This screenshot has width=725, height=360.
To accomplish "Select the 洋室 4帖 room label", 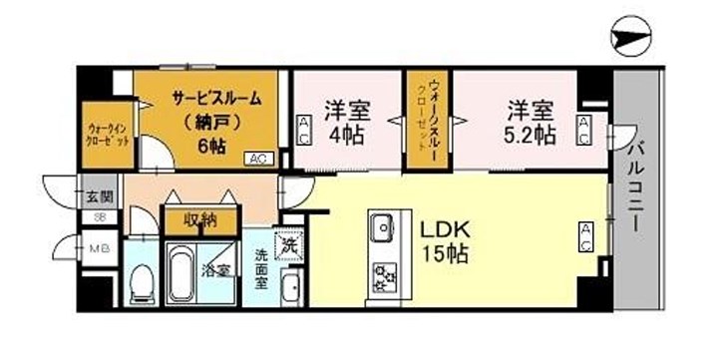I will (347, 120).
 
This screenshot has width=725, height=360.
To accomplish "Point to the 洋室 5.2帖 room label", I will (530, 120).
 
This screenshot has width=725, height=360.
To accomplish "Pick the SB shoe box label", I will (100, 217).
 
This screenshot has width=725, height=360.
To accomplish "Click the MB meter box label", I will (100, 249).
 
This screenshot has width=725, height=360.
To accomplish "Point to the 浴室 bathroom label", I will (216, 269).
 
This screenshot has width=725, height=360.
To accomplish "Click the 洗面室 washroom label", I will (261, 268).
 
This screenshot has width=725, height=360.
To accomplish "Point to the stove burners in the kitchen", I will (383, 274).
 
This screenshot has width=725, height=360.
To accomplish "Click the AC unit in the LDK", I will (586, 237).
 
